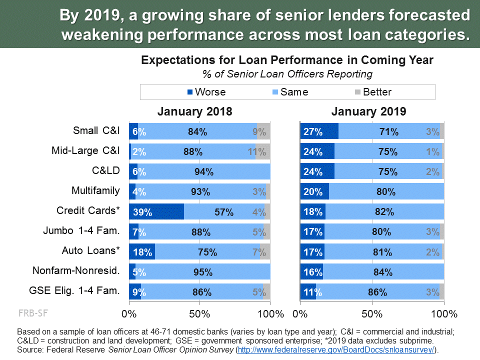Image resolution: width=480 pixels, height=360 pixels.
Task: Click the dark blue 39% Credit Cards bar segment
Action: pos(156,211)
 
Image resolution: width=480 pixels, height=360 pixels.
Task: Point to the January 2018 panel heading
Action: pos(195,111)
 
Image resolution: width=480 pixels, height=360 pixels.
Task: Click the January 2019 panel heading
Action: pos(368,111)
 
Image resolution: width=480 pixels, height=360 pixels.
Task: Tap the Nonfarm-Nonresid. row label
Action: pos(76,270)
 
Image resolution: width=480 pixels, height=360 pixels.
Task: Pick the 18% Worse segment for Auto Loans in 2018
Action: pos(142,251)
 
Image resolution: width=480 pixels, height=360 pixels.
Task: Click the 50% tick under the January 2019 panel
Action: pos(372,314)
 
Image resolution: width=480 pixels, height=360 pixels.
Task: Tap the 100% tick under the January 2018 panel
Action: pos(270,314)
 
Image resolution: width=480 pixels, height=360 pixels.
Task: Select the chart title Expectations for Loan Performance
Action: pos(287,60)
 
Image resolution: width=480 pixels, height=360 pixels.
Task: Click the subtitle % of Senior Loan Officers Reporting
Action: pos(287,74)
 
